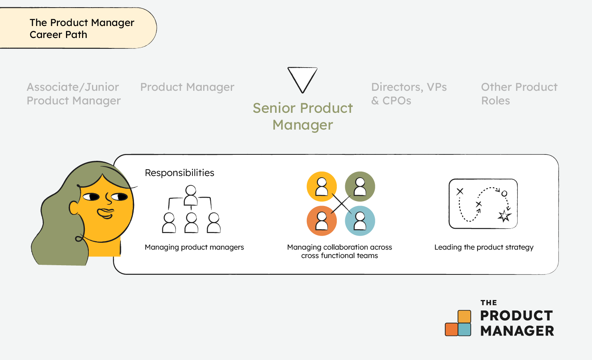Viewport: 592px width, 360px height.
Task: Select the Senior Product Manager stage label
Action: [303, 116]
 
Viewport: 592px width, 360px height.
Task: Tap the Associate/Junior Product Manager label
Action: [74, 94]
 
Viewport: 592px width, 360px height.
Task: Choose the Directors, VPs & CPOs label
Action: [409, 94]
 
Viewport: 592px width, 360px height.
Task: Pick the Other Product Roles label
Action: [519, 94]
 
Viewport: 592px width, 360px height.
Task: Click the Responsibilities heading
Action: [180, 173]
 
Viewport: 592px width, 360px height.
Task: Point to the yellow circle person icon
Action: [322, 187]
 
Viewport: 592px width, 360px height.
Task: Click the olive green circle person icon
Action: [360, 187]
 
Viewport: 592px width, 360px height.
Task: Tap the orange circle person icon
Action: [322, 221]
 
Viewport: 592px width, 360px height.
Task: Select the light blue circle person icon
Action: [360, 221]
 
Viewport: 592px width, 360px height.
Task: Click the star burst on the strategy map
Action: [504, 216]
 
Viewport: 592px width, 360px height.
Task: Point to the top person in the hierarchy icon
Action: [191, 195]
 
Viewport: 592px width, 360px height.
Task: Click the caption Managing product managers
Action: [194, 248]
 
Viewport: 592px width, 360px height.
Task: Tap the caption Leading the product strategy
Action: [484, 248]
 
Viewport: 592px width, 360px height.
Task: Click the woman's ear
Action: [74, 208]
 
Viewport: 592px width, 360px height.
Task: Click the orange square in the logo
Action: [451, 329]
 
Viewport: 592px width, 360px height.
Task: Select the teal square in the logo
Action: [464, 329]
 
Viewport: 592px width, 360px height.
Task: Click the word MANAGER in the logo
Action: [517, 331]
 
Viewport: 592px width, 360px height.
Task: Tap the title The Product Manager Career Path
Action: [82, 28]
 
